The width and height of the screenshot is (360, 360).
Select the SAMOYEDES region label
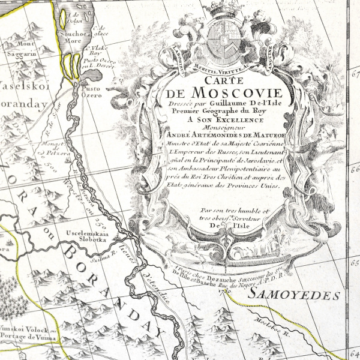coord(295,295)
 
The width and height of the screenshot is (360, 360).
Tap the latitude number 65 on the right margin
coord(353,263)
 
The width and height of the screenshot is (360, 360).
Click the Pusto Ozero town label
coord(90,89)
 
